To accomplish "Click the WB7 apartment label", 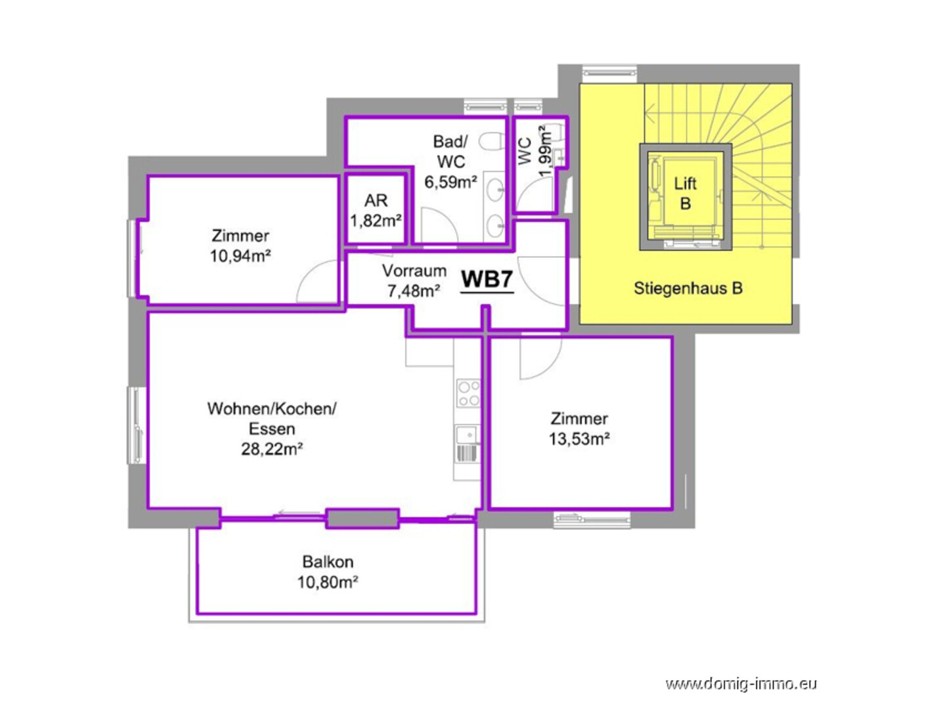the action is (487, 279).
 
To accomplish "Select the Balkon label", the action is (328, 561).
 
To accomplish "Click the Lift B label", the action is (685, 193).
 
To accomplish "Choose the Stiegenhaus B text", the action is (688, 288).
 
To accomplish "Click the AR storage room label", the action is (376, 200).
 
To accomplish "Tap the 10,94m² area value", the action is (240, 256).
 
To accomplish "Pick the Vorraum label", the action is (414, 271).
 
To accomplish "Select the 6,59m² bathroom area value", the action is (450, 182).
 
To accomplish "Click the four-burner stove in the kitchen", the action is (468, 393).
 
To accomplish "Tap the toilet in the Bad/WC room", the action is (492, 141).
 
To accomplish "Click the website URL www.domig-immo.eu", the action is (741, 684).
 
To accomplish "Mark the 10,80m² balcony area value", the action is (328, 582).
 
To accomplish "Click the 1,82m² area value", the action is (376, 221).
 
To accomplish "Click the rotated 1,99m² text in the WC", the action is (545, 151).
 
